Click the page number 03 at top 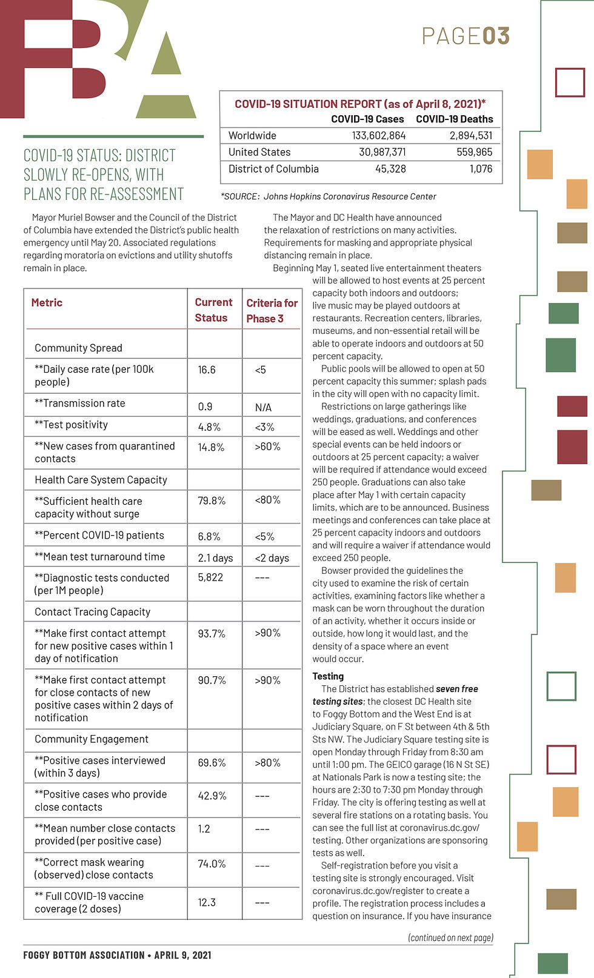pos(496,36)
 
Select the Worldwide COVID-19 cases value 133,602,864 pos(379,136)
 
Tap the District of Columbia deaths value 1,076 pos(481,169)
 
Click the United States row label pos(259,152)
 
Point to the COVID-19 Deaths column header pos(454,119)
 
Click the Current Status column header pos(213,310)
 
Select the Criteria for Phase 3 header pos(272,310)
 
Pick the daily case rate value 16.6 pos(207,370)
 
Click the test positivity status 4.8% pos(209,427)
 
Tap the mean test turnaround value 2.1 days pos(215,557)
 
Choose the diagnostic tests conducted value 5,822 pos(210,577)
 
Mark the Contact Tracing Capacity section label pos(92,612)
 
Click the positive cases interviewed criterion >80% pos(267,763)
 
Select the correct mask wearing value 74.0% pos(212,863)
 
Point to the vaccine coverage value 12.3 pos(207,902)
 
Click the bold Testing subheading pos(328,676)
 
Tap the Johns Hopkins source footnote pos(329,196)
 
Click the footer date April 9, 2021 pos(182,955)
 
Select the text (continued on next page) pos(450,937)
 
